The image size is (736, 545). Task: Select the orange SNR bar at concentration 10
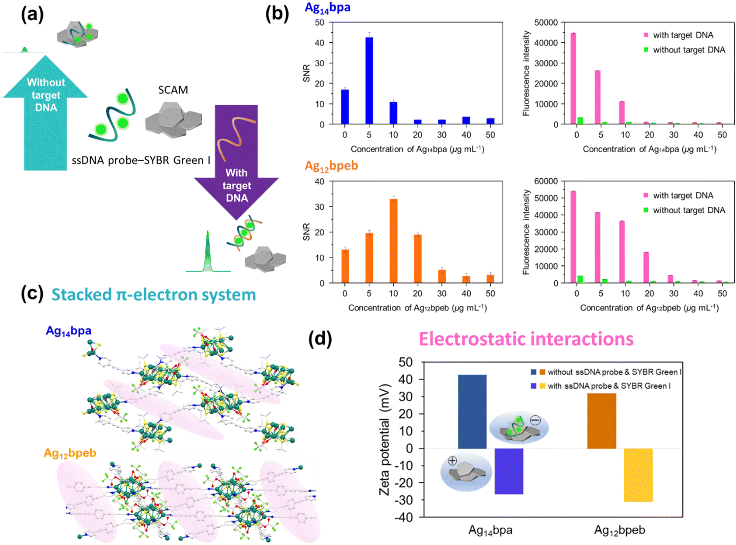(393, 241)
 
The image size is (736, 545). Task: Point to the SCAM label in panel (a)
(173, 90)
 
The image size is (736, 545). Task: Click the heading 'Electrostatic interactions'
(526, 339)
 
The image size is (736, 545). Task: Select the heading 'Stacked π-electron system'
(153, 295)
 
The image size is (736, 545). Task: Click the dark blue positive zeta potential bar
(472, 411)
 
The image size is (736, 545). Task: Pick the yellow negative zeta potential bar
(638, 475)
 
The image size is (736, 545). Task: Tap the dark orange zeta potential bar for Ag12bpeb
(601, 421)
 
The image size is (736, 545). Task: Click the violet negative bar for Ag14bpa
(509, 471)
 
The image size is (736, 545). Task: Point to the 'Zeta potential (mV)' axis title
(384, 440)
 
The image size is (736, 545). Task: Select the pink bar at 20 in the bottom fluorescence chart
(646, 267)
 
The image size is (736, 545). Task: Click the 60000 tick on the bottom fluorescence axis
(546, 181)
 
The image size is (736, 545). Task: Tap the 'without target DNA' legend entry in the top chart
(688, 50)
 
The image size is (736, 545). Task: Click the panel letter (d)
(320, 339)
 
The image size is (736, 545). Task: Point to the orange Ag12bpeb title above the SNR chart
(331, 166)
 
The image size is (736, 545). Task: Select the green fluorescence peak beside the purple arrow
(208, 252)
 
